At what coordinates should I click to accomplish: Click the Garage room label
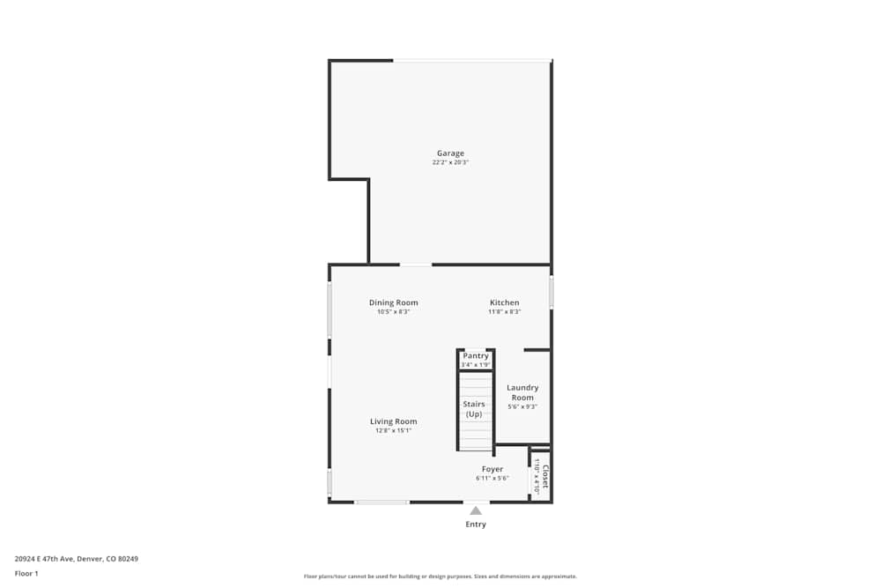pyautogui.click(x=450, y=153)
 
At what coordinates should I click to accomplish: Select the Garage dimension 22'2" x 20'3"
pyautogui.click(x=450, y=162)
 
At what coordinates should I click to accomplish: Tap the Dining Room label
pyautogui.click(x=394, y=302)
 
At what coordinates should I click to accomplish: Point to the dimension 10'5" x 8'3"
pyautogui.click(x=394, y=311)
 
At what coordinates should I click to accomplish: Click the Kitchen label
pyautogui.click(x=505, y=302)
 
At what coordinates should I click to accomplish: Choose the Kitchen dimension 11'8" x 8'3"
pyautogui.click(x=505, y=311)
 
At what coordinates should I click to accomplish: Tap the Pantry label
pyautogui.click(x=476, y=356)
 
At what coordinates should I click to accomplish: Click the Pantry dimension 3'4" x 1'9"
pyautogui.click(x=476, y=364)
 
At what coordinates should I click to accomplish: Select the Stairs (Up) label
pyautogui.click(x=474, y=409)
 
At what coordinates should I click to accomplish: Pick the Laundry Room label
pyautogui.click(x=522, y=392)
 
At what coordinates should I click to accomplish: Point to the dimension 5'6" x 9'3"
pyautogui.click(x=522, y=406)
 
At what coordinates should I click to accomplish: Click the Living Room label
pyautogui.click(x=394, y=421)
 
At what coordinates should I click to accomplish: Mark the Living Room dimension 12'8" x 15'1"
pyautogui.click(x=394, y=430)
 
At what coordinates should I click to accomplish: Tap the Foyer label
pyautogui.click(x=492, y=469)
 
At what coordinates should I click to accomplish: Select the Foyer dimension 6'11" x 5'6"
pyautogui.click(x=492, y=478)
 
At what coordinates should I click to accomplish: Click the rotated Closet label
pyautogui.click(x=545, y=476)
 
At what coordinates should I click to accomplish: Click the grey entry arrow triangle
pyautogui.click(x=476, y=510)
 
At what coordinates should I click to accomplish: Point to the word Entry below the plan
pyautogui.click(x=476, y=525)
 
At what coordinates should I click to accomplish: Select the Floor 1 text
pyautogui.click(x=26, y=573)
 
